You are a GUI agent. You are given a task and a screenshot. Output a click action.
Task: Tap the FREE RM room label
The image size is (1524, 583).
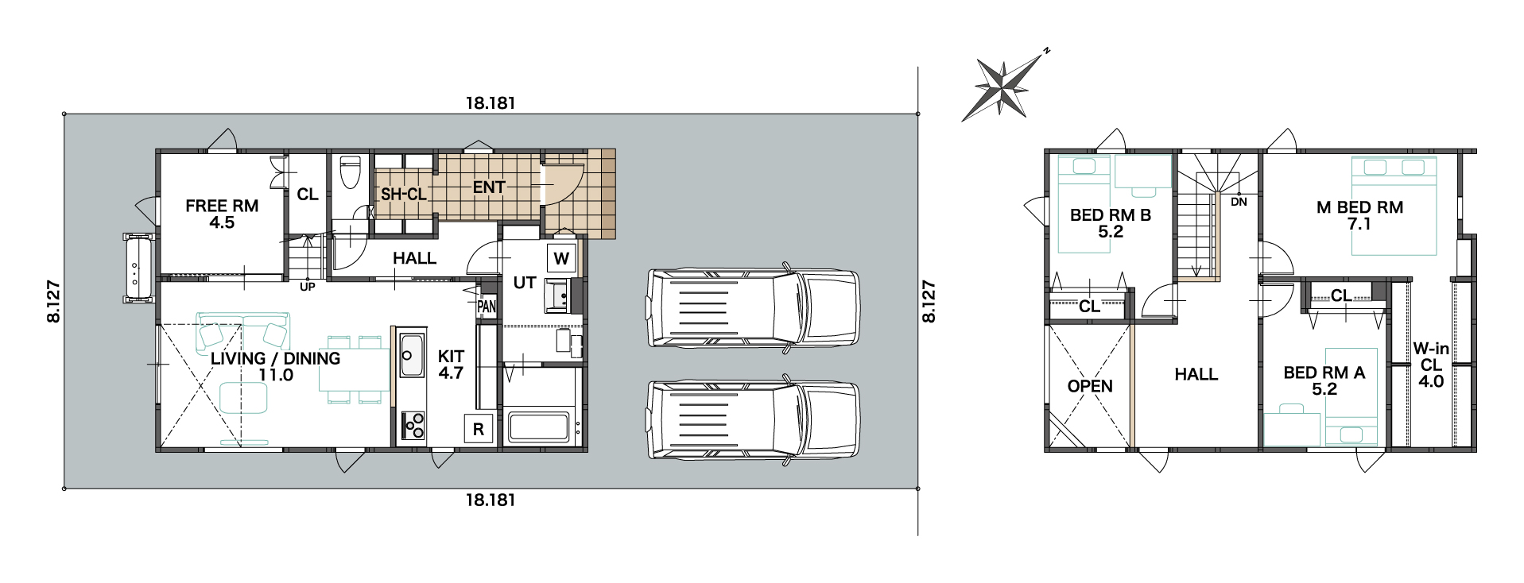pos(222,207)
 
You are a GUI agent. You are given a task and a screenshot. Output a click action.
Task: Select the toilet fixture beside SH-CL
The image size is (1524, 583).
pos(350,172)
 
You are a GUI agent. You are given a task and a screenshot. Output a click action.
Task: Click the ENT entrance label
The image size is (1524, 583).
pos(489,187)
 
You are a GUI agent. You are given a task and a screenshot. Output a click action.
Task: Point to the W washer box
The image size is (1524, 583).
pos(561,258)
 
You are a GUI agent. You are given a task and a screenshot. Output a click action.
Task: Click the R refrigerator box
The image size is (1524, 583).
pos(479,429)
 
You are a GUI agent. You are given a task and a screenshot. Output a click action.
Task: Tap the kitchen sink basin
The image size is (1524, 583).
pos(412,355)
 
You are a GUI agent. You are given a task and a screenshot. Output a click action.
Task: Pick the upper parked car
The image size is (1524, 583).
pos(754,307)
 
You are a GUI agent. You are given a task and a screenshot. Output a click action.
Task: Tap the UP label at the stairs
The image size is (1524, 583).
pos(308,287)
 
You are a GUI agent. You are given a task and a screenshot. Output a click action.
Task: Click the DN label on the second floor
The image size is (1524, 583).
pos(1239,202)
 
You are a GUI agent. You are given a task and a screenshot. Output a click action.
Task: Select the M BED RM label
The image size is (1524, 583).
pos(1359,207)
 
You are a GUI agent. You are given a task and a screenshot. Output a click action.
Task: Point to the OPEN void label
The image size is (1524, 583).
pos(1090,387)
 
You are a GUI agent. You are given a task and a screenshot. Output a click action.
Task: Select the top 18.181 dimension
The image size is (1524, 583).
pos(491,103)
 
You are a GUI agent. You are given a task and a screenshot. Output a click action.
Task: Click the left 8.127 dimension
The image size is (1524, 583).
pos(54,301)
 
